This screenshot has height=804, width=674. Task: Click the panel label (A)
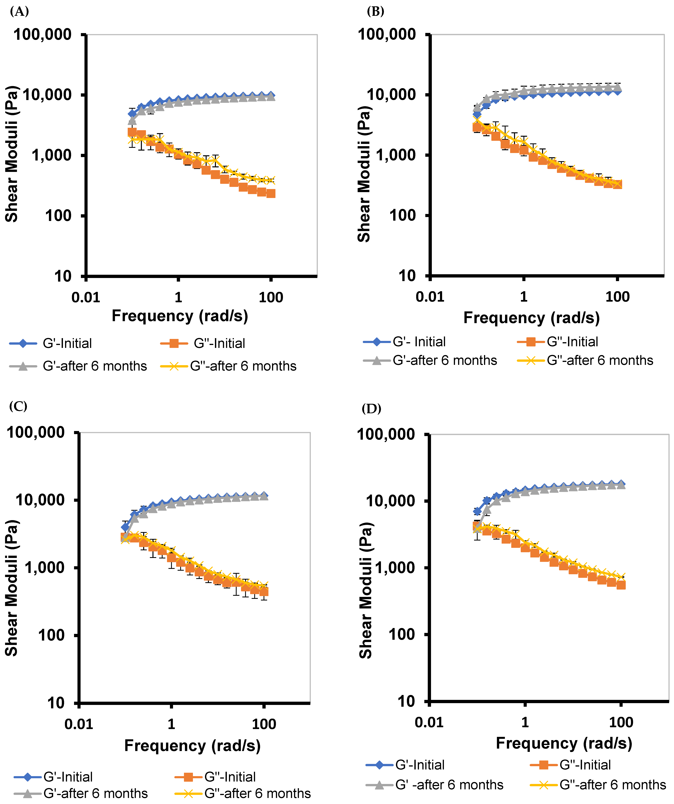[x=19, y=12]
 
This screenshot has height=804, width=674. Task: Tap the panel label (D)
[x=371, y=409]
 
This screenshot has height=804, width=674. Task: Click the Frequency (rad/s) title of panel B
[x=531, y=318]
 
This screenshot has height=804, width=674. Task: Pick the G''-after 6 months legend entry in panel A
[x=229, y=366]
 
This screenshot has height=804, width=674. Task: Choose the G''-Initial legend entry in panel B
[x=558, y=342]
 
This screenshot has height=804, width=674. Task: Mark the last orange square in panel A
[x=271, y=193]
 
